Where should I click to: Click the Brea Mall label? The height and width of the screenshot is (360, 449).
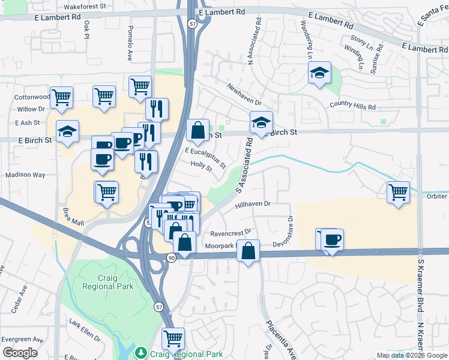[74, 217]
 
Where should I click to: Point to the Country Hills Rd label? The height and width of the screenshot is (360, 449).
[352, 107]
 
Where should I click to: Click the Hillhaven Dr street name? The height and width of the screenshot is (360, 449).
[254, 204]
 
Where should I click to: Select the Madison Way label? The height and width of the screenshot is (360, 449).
[25, 175]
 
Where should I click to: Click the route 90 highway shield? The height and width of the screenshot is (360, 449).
[171, 257]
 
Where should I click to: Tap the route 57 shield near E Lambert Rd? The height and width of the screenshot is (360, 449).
[191, 23]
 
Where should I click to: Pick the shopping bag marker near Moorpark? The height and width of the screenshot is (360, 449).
[248, 250]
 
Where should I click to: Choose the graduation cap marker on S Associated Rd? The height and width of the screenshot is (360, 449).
[261, 122]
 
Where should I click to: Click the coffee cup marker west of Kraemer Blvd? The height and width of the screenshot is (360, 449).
[331, 239]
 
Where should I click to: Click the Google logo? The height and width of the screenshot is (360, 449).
[20, 352]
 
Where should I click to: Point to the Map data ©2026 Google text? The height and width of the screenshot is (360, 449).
[411, 355]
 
